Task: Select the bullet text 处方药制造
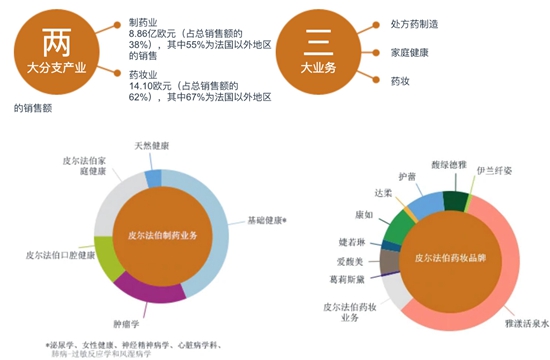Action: pos(415,22)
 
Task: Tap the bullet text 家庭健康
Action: pos(410,52)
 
